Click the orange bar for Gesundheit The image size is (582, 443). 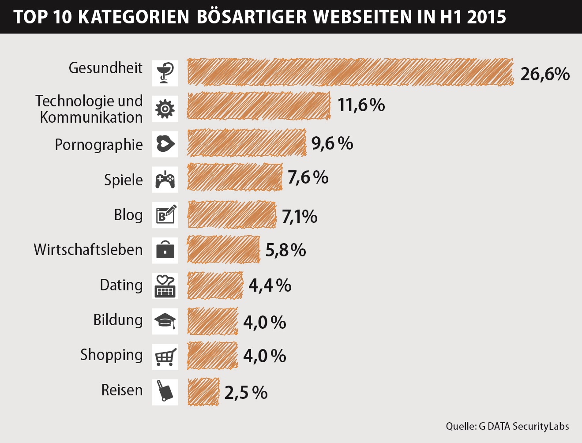tap(350, 72)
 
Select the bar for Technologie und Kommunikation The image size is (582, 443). tap(259, 106)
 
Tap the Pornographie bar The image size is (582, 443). tap(246, 143)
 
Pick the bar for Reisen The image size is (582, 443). tap(203, 392)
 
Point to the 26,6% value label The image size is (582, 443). tap(545, 74)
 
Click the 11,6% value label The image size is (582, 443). tap(361, 105)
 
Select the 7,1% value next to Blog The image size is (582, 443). tap(300, 217)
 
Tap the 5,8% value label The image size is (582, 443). tap(285, 251)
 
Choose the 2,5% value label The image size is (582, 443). tap(246, 393)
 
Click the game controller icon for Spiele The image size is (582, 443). tap(165, 180)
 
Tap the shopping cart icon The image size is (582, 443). tap(165, 357)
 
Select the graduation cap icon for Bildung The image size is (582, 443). tap(165, 321)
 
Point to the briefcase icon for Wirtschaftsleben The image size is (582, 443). tap(165, 250)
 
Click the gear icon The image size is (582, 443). tap(165, 109)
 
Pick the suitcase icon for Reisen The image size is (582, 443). tap(165, 392)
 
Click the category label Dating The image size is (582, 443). tap(121, 285)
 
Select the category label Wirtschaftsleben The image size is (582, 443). tap(88, 250)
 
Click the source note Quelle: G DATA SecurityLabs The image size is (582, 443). tap(507, 426)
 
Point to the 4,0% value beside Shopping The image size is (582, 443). tap(265, 356)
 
